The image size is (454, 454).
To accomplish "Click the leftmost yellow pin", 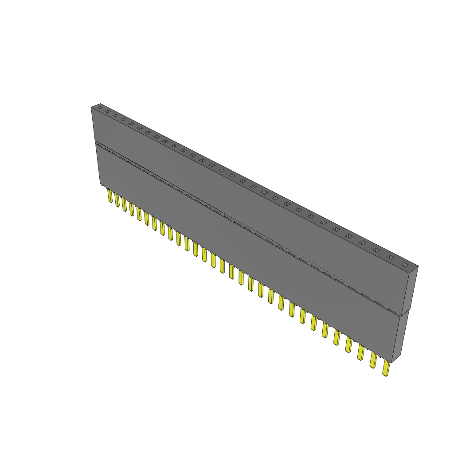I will pyautogui.click(x=110, y=196).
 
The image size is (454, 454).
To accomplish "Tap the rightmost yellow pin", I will pyautogui.click(x=386, y=368).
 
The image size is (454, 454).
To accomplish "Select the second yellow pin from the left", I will pyautogui.click(x=117, y=200).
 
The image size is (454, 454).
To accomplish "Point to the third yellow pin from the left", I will pyautogui.click(x=125, y=204).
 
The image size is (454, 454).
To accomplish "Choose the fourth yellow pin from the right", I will pyautogui.click(x=348, y=344).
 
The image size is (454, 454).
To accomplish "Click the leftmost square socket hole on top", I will pyautogui.click(x=100, y=108).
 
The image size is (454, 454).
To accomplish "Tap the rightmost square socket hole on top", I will pyautogui.click(x=404, y=265).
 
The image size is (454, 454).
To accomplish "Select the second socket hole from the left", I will pyautogui.click(x=107, y=111).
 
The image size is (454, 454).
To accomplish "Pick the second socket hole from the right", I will pyautogui.click(x=390, y=257).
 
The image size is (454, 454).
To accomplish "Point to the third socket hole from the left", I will pyautogui.click(x=115, y=115).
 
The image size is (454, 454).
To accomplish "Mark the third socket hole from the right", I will pyautogui.click(x=376, y=250).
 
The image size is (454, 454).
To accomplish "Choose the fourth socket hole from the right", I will pyautogui.click(x=363, y=243).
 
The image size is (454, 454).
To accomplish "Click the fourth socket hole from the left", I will pyautogui.click(x=123, y=120).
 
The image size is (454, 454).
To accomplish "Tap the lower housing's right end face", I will pyautogui.click(x=398, y=337).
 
